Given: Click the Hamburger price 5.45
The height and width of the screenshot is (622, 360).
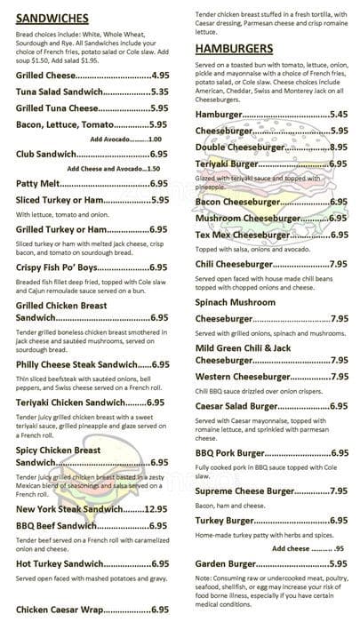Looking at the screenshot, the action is pyautogui.click(x=339, y=115).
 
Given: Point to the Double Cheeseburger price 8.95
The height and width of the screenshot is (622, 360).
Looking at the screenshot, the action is pyautogui.click(x=339, y=147).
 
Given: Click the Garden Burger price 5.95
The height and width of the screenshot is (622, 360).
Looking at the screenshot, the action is pyautogui.click(x=339, y=563).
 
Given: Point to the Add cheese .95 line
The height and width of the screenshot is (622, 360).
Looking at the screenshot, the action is pyautogui.click(x=308, y=548).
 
